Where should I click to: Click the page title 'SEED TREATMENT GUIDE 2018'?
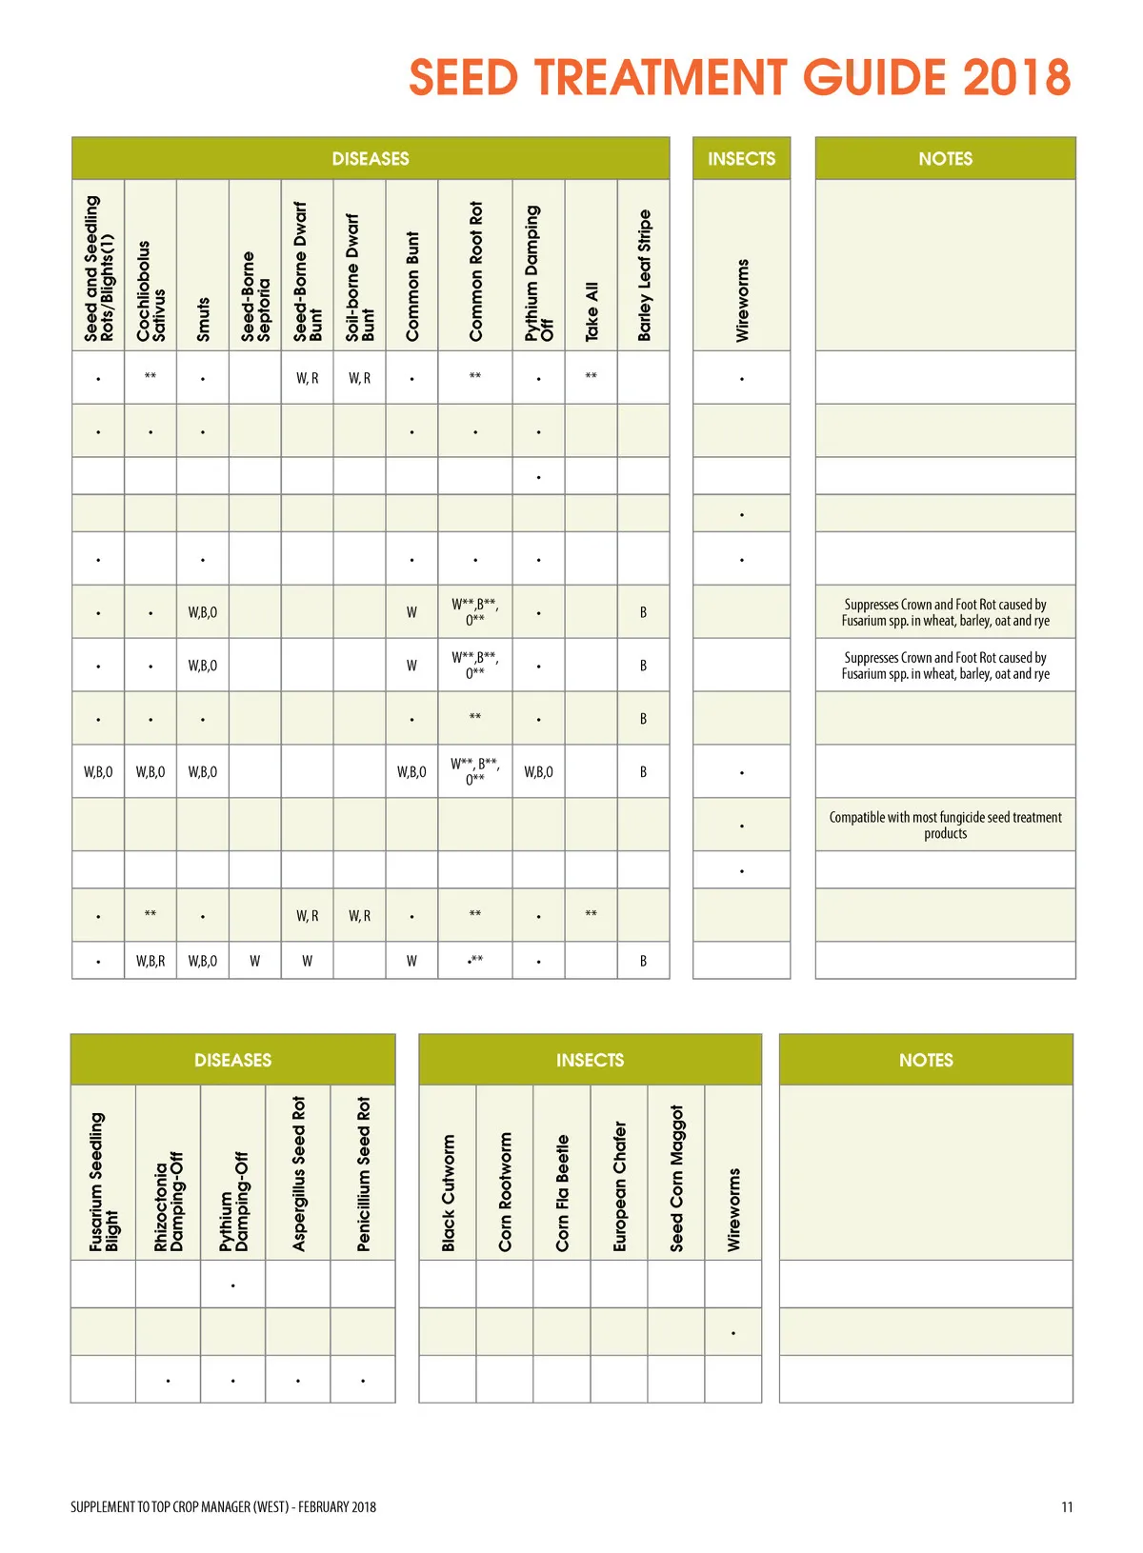[739, 78]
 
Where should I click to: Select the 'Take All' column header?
[592, 310]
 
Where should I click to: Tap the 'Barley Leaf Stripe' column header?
[644, 275]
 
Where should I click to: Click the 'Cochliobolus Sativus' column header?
[150, 290]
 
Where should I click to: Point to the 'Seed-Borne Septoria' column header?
[255, 296]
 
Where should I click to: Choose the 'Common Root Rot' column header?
[475, 270]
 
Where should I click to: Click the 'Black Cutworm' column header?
[448, 1192]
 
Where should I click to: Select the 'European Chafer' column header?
[619, 1185]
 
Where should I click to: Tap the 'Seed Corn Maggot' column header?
[676, 1178]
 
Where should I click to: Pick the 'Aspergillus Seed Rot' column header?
[298, 1173]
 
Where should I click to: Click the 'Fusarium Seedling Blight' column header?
[104, 1182]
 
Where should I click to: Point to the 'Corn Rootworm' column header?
[505, 1191]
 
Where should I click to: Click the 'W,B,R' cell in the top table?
[150, 961]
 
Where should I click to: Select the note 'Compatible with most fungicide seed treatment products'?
[945, 825]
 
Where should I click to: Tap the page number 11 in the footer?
[1067, 1506]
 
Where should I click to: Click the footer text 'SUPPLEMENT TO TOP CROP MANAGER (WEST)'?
[179, 1506]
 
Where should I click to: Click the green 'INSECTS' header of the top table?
[741, 159]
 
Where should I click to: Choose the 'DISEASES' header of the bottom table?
[232, 1060]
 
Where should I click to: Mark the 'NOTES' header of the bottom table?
[926, 1060]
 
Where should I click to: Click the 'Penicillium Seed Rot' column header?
[363, 1173]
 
